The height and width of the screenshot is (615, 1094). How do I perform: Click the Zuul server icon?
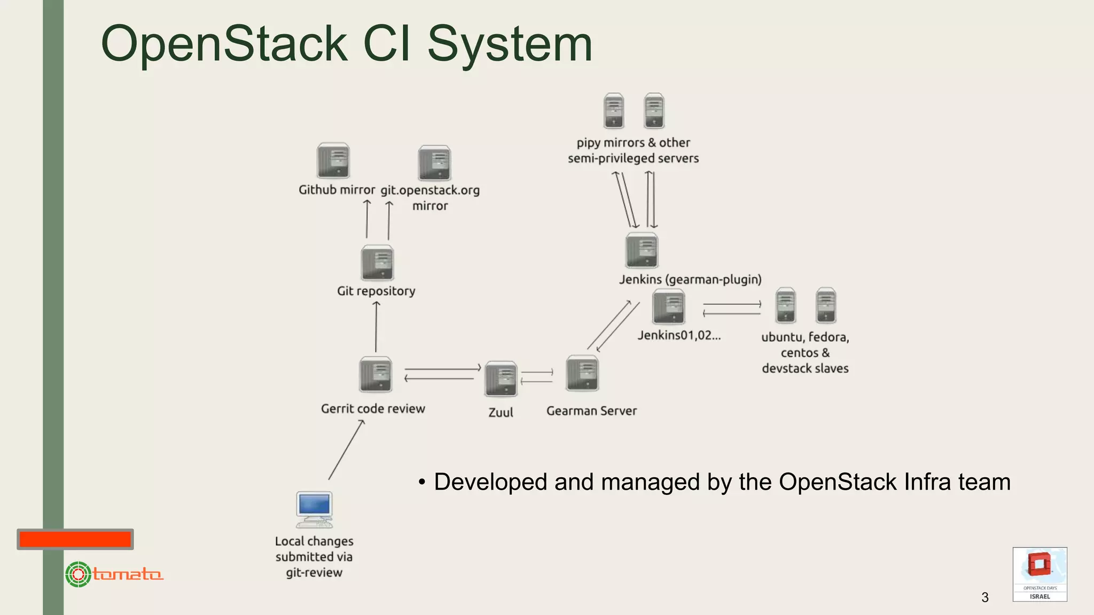point(501,379)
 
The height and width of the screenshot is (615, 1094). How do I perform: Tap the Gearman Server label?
point(591,411)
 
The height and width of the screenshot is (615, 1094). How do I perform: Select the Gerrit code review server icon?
point(376,374)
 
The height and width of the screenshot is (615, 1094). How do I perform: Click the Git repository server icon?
point(377,263)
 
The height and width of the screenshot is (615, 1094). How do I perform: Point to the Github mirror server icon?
point(333,160)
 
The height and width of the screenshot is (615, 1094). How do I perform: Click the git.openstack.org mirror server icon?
point(434,163)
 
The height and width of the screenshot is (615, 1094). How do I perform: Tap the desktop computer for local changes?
point(315,509)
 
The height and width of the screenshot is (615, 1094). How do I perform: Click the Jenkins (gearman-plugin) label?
point(690,279)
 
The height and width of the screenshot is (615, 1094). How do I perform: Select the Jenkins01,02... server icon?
point(668,306)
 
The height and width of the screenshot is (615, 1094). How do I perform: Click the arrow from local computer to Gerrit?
point(346,450)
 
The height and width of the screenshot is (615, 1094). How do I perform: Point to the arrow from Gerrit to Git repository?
point(376,327)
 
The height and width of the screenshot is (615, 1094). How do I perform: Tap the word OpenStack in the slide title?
point(224,44)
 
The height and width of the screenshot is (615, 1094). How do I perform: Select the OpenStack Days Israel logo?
point(1040,574)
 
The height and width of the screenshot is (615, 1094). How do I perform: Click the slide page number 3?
point(985,597)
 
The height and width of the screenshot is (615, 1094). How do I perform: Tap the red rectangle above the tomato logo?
point(75,539)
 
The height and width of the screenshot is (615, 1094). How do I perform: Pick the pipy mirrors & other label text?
point(633,143)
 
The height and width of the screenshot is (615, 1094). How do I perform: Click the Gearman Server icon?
point(582,373)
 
